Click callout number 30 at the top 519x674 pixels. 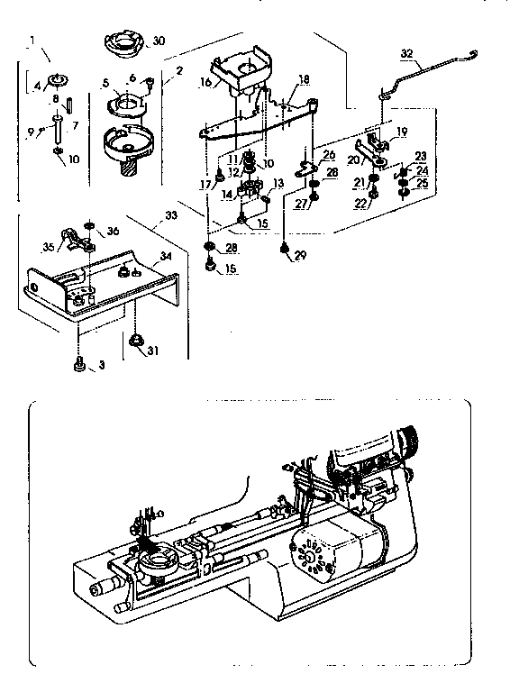pos(159,41)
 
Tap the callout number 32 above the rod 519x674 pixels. pos(407,54)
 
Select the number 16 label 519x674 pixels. pos(205,81)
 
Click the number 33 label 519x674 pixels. pos(171,216)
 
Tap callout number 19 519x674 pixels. pos(401,132)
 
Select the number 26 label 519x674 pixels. pos(329,154)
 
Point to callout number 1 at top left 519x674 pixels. pos(32,40)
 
